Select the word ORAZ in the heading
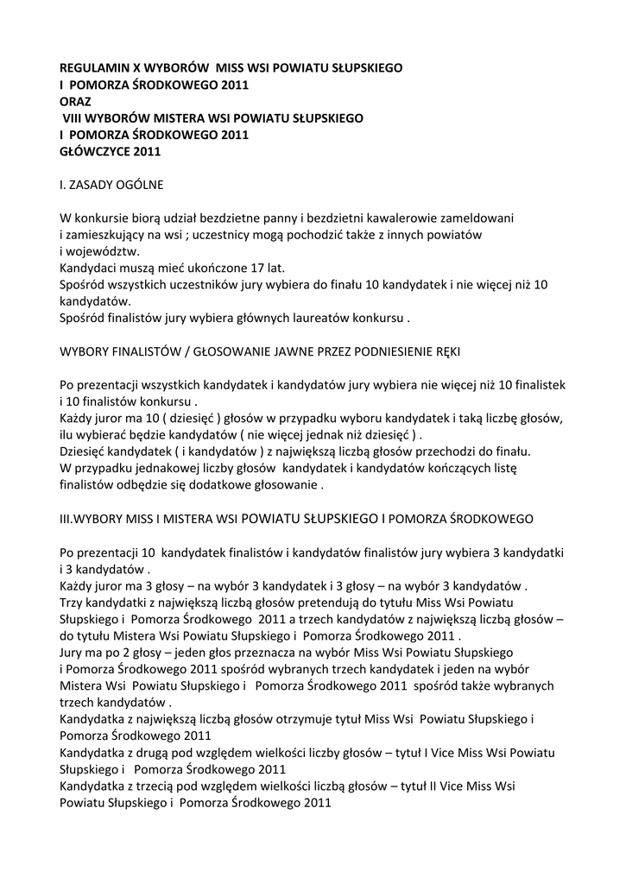tap(75, 100)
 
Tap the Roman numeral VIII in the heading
tap(73, 117)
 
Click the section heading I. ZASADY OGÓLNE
tap(111, 185)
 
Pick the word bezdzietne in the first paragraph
tap(223, 218)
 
